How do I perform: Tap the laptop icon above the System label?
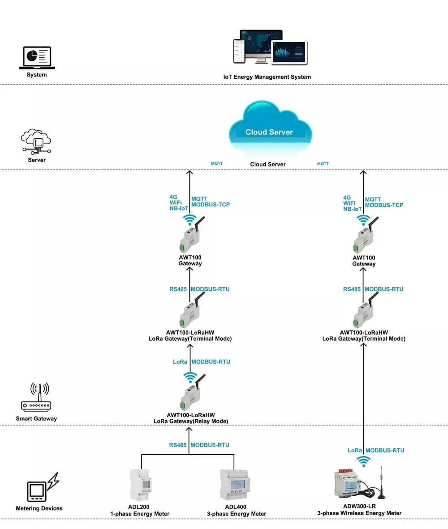[37, 58]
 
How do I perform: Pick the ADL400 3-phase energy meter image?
[233, 484]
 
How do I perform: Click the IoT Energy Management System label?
[267, 77]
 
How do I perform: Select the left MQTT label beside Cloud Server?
[217, 164]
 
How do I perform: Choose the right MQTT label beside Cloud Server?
[323, 164]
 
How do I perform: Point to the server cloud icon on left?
[36, 142]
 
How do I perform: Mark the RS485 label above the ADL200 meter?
[178, 445]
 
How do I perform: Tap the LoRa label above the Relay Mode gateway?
[180, 362]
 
